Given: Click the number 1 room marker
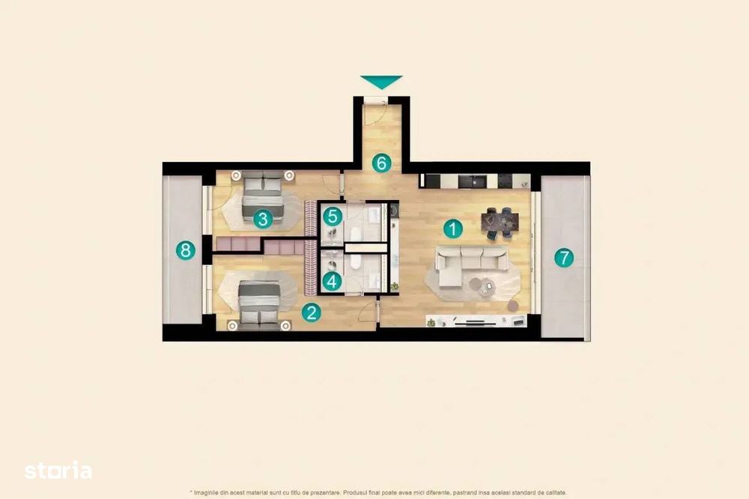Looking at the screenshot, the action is click(x=453, y=229).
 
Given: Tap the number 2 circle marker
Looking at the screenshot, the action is click(x=312, y=313).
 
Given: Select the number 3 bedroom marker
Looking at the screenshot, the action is click(x=263, y=220).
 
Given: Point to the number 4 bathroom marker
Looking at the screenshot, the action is click(x=333, y=281).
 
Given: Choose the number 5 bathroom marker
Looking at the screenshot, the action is click(x=333, y=217).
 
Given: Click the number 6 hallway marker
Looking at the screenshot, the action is click(x=381, y=163).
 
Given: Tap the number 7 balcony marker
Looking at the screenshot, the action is click(x=564, y=258).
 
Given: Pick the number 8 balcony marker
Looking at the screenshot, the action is click(x=185, y=250).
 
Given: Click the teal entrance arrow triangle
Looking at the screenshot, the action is click(x=381, y=82).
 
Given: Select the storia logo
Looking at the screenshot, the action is click(x=58, y=471).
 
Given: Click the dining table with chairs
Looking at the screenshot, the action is click(x=500, y=223).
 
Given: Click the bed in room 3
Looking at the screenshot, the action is click(x=263, y=199).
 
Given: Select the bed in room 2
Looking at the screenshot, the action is click(x=259, y=303).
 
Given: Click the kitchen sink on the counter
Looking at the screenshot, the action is click(x=473, y=181).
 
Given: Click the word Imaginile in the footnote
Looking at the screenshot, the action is click(x=206, y=492).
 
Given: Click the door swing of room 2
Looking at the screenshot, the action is click(x=369, y=312).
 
